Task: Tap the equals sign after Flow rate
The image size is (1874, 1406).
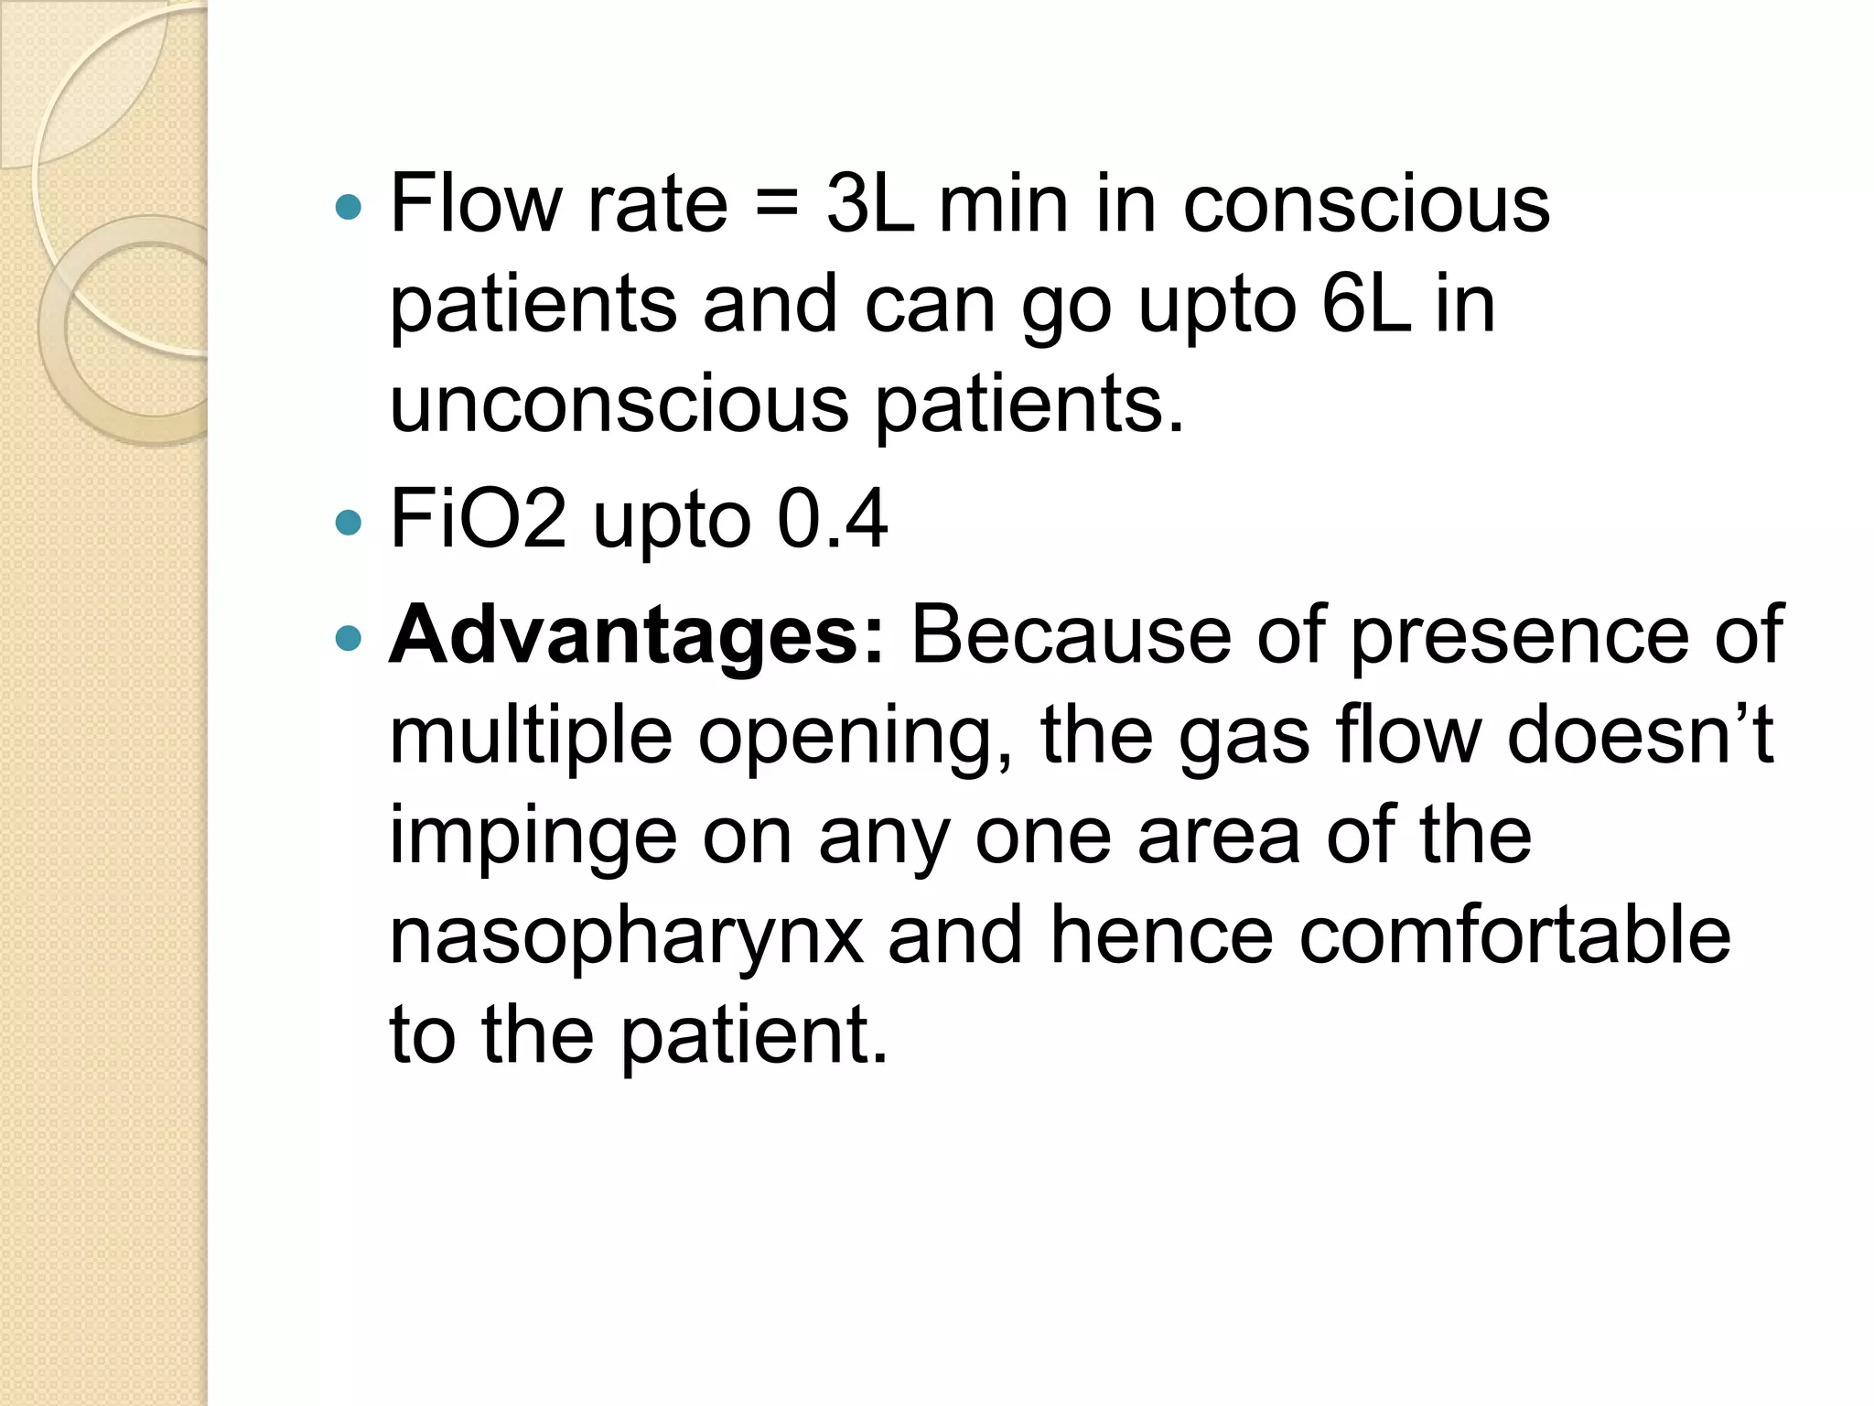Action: click(777, 205)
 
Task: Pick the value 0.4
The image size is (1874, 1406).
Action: click(832, 519)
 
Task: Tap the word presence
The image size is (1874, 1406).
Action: click(1520, 636)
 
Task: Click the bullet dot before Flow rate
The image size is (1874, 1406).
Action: click(349, 208)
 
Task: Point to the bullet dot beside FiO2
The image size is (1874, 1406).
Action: click(349, 523)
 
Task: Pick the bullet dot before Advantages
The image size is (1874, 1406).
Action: click(349, 638)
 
